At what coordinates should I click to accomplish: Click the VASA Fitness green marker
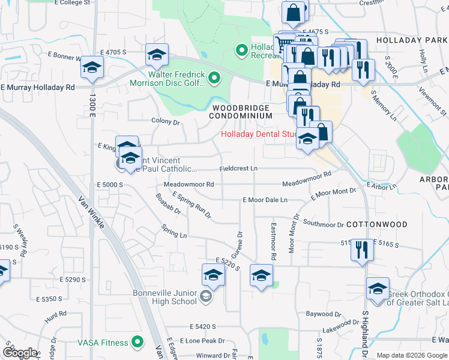tap(138, 343)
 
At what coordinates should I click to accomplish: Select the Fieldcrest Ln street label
tap(238, 169)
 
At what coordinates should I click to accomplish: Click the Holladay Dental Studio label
tap(259, 134)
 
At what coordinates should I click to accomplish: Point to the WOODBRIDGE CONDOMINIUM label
tap(241, 112)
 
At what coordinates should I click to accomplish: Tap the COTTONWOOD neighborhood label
tap(385, 224)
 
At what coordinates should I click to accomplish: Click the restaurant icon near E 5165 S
tap(361, 250)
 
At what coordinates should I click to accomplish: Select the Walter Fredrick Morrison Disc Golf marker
tap(217, 77)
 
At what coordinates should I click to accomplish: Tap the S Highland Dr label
tap(364, 330)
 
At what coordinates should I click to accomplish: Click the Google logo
tap(19, 353)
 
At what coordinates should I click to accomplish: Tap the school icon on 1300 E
tap(92, 68)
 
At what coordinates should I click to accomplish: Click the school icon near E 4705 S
tap(156, 55)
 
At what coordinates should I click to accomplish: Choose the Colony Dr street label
tap(166, 121)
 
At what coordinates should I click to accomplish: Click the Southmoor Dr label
tap(323, 225)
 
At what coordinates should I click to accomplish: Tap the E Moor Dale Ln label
tap(265, 200)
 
